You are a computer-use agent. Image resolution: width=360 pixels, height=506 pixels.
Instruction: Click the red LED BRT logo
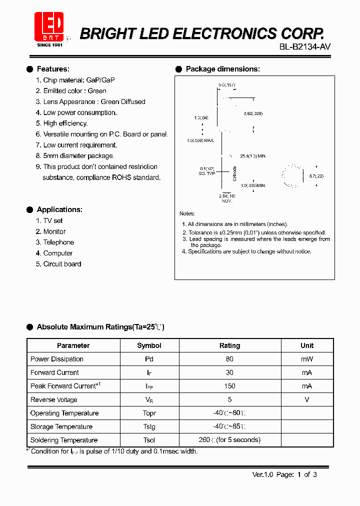[48, 27]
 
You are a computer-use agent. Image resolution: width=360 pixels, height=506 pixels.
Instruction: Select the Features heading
[53, 69]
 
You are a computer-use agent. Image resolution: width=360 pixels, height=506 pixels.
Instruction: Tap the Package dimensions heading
[222, 69]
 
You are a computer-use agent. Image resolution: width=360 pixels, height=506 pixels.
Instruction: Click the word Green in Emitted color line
[97, 91]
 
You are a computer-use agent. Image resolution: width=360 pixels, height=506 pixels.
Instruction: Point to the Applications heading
[59, 209]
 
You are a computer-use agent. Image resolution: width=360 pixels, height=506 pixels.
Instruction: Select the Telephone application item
[58, 242]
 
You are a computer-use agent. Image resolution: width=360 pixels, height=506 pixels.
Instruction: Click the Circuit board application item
[62, 264]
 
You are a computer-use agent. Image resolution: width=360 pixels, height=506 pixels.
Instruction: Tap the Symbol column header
[149, 345]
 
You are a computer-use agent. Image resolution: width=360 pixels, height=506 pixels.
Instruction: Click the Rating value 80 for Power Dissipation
[229, 359]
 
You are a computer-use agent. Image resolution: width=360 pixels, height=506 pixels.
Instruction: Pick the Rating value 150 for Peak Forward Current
[229, 386]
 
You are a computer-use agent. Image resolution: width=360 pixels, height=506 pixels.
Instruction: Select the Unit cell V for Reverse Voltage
[307, 399]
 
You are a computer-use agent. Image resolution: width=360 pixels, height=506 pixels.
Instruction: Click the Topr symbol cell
[149, 413]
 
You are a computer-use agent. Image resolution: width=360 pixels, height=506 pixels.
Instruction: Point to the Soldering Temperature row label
[64, 440]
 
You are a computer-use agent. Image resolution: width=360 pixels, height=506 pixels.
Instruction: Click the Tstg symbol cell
[149, 427]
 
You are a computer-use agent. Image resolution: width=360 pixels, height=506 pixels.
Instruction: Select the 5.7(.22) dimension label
[316, 176]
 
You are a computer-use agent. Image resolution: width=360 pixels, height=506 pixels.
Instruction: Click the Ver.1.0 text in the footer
[262, 474]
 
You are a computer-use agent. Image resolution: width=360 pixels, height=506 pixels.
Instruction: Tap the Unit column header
[307, 345]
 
